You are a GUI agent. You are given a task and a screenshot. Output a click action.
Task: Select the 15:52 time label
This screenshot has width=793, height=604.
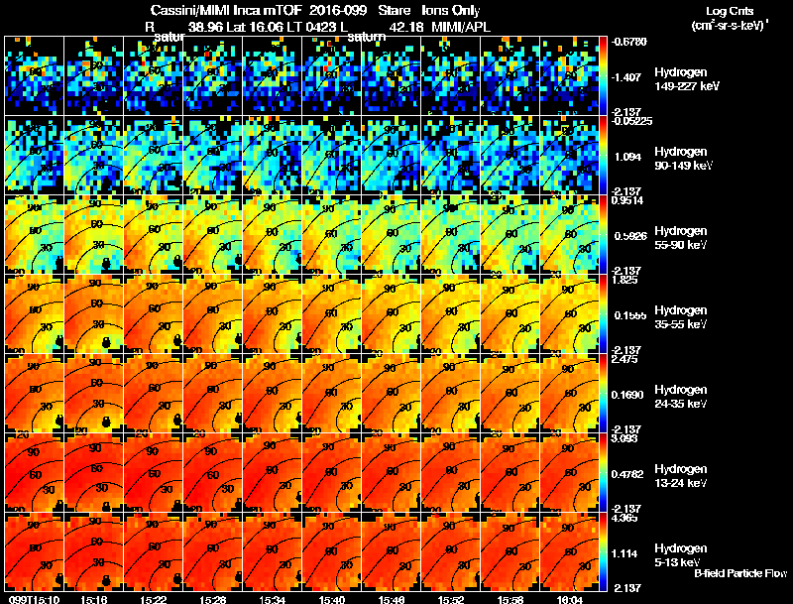(452, 599)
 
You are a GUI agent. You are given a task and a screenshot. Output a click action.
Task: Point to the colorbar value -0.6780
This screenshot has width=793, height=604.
(629, 43)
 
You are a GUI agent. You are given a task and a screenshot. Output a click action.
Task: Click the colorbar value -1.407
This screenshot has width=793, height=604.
(628, 76)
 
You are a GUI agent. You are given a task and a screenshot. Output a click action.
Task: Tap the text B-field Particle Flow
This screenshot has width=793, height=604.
(740, 573)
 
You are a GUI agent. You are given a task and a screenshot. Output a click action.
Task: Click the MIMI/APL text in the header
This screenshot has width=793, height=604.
(463, 26)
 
